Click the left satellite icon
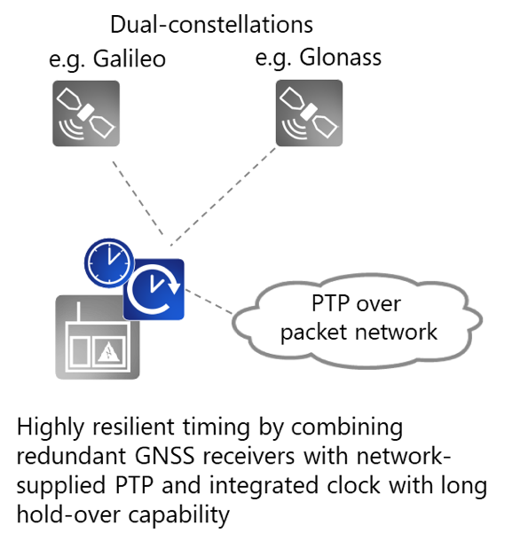[x=86, y=113]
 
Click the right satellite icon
[x=309, y=113]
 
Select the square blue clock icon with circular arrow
[x=154, y=289]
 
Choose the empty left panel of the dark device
[x=80, y=350]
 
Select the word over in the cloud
[x=380, y=304]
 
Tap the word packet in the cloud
[x=312, y=333]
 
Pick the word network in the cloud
[x=393, y=333]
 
